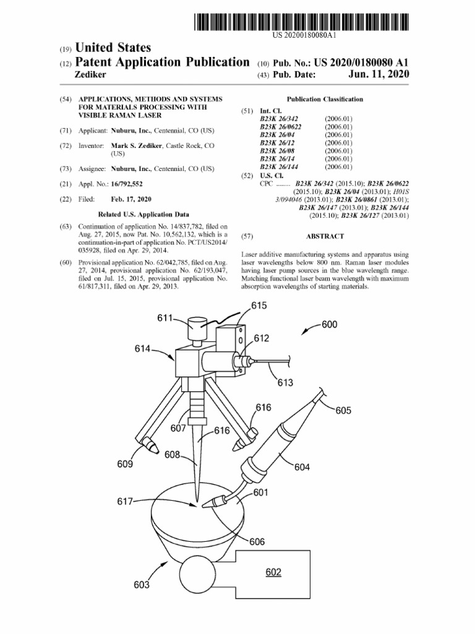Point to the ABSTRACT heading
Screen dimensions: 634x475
(x=325, y=237)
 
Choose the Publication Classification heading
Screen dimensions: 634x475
(x=325, y=99)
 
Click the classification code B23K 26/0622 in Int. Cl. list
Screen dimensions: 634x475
(x=285, y=126)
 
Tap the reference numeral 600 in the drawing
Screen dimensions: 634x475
(x=330, y=324)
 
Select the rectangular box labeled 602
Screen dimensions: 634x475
(x=273, y=573)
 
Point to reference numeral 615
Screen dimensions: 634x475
(x=259, y=305)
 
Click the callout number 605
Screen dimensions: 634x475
(x=343, y=410)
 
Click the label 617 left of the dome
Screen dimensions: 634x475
(x=125, y=502)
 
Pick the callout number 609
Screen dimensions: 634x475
(x=125, y=464)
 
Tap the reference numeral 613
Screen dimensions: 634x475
(x=285, y=383)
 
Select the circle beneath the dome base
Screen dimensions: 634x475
(x=197, y=575)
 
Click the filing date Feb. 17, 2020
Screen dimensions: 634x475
(x=131, y=199)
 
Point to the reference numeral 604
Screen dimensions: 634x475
(x=302, y=467)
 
